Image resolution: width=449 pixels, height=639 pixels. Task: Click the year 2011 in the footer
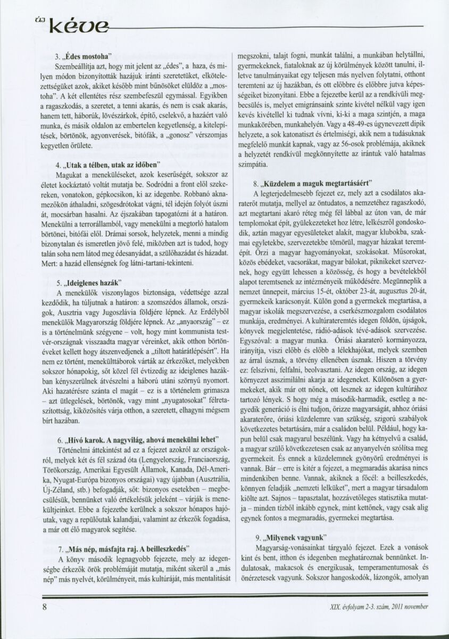[x=397, y=607]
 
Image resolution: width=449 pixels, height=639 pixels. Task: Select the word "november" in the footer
[x=416, y=607]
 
